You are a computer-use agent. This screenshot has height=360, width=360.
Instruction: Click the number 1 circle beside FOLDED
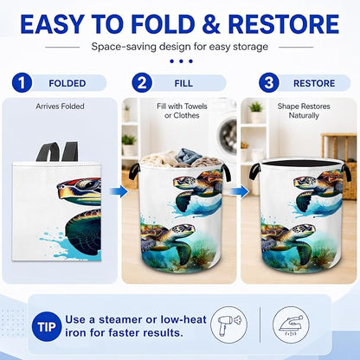[x=22, y=83]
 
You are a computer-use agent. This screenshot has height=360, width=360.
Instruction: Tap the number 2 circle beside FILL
[x=142, y=83]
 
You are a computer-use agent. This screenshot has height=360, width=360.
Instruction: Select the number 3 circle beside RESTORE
[x=269, y=83]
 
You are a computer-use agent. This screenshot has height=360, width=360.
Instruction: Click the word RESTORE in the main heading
[x=284, y=24]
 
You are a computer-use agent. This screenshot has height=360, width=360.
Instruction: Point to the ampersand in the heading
[x=211, y=24]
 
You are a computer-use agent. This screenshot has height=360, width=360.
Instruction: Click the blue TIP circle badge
[x=47, y=327]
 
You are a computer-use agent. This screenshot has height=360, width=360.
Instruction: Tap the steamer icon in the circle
[x=229, y=325]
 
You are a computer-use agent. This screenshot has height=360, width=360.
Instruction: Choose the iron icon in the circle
[x=291, y=325]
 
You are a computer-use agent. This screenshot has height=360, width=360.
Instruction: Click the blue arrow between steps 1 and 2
[x=119, y=191]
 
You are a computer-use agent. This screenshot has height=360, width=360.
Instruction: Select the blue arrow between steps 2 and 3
[x=240, y=191]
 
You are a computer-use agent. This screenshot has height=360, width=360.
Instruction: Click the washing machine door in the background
[x=228, y=134]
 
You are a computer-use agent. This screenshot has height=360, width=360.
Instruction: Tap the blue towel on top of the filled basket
[x=189, y=156]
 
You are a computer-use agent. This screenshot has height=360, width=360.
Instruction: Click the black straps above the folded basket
[x=58, y=151]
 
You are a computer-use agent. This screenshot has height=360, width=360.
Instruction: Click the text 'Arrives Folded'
[x=60, y=106]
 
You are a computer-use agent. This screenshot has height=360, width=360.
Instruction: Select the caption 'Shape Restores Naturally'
[x=304, y=111]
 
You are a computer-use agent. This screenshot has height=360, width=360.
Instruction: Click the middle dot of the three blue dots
[x=181, y=61]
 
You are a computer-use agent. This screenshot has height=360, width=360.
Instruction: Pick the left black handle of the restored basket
[x=254, y=171]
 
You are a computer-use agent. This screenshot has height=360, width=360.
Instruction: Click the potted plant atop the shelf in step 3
[x=256, y=112]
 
